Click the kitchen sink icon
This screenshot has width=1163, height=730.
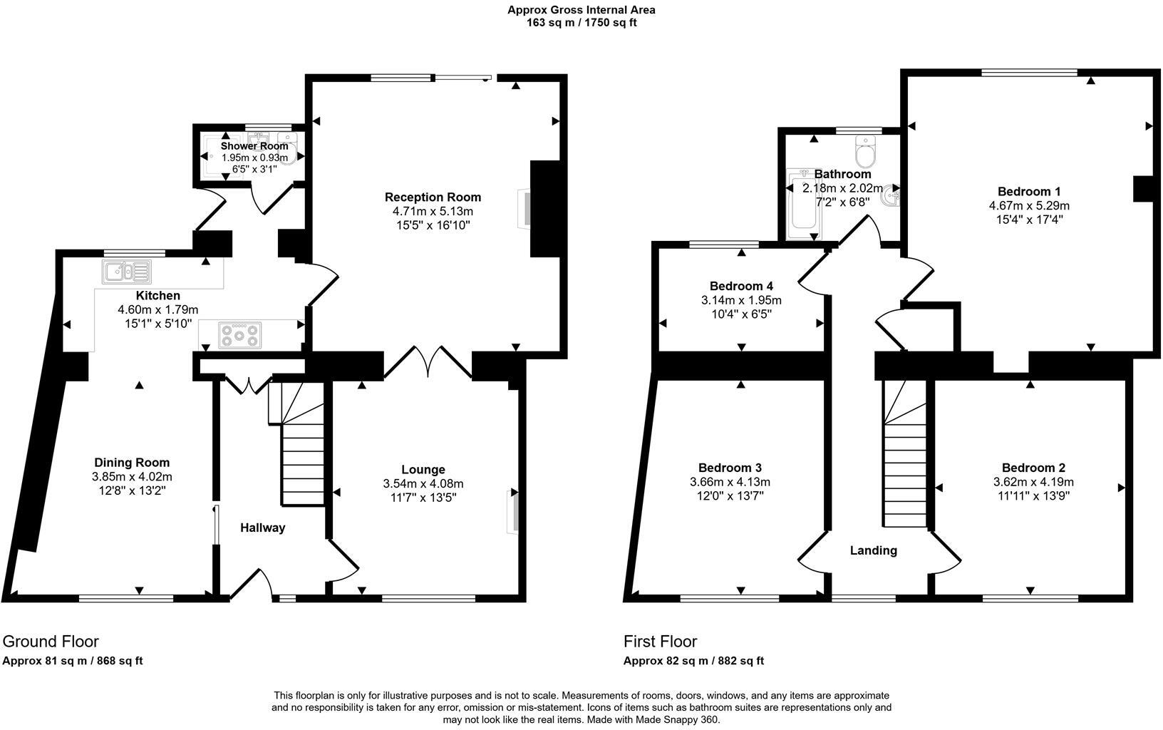pos(127,272)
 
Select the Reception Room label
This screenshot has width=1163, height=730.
pos(433,197)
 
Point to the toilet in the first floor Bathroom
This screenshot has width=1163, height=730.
pos(866,151)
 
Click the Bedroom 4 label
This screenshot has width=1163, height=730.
pos(741,285)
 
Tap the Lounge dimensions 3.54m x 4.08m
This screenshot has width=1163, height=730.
pos(423,484)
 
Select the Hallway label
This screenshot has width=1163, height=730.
pos(262,528)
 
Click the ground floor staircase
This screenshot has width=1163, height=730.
pos(303,456)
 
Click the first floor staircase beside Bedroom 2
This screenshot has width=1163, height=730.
pos(906,463)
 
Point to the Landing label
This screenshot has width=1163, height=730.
pos(873,550)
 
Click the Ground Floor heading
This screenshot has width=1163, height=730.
pos(51,641)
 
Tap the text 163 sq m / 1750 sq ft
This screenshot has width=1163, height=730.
pos(581,23)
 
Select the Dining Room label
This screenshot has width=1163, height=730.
pos(132,463)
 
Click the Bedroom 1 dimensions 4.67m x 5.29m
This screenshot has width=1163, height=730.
pos(1028,206)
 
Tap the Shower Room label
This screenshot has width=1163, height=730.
pos(254,146)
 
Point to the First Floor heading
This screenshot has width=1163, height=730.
pos(660,641)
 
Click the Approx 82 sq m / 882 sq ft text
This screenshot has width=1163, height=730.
pos(693,661)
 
